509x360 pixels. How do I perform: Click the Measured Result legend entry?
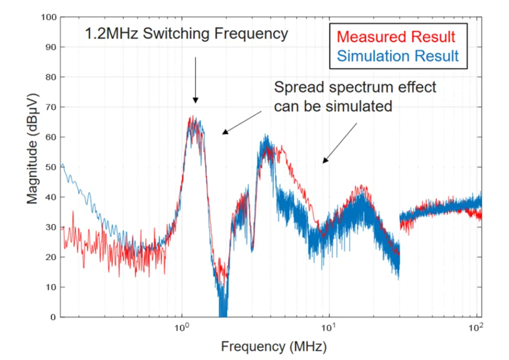point(395,36)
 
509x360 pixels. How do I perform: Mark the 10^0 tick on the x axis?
point(181,327)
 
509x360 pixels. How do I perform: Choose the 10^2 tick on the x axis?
point(475,327)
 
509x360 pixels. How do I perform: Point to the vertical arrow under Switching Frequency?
point(195,79)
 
